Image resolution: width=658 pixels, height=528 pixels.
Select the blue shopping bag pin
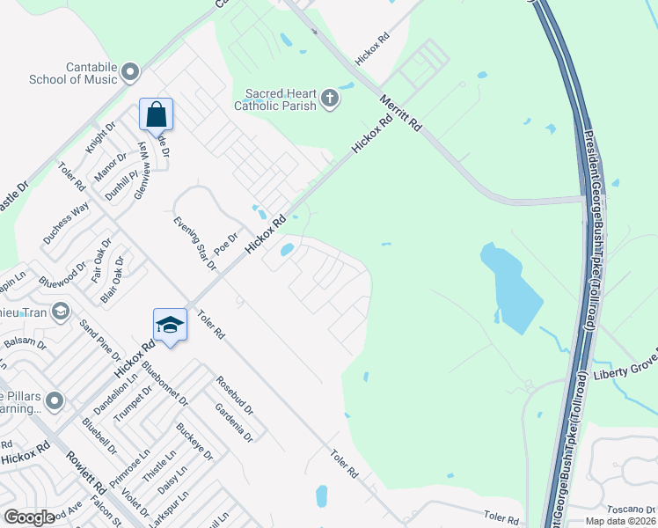[156, 115]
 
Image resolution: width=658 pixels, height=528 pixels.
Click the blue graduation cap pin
[170, 326]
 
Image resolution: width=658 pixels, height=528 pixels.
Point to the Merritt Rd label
[401, 112]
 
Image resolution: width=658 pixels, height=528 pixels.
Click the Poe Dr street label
[227, 239]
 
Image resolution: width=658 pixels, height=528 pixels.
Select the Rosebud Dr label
[234, 395]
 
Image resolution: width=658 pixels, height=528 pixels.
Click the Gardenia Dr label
[234, 423]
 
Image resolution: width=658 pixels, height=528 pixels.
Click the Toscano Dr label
[632, 509]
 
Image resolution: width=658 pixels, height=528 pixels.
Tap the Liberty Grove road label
[624, 373]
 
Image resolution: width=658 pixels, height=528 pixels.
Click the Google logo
[28, 517]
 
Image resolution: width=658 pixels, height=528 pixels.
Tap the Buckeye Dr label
[194, 442]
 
